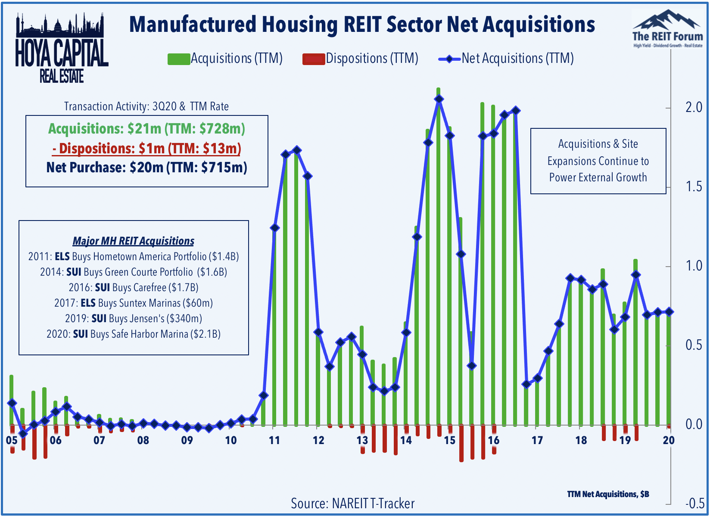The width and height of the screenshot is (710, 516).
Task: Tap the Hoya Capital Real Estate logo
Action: [62, 48]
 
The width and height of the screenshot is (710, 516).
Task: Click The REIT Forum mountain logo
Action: [667, 28]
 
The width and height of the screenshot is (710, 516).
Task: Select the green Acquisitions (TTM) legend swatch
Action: [178, 59]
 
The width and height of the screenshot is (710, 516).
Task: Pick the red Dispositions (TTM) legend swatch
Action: [314, 59]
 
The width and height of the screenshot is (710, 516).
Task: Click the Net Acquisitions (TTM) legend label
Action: [517, 58]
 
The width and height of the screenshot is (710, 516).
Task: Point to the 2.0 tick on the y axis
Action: [693, 107]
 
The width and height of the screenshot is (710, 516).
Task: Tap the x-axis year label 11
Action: [274, 440]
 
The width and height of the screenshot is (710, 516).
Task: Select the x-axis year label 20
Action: [668, 440]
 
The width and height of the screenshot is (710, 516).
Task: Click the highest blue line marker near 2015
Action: [439, 99]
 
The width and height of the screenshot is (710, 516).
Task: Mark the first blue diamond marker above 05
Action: [12, 403]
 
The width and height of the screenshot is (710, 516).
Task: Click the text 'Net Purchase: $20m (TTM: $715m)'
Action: [146, 167]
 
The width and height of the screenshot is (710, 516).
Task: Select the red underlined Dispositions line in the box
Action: [146, 149]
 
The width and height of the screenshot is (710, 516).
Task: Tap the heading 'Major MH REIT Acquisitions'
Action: [133, 241]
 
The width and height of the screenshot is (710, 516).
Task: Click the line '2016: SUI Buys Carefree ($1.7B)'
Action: [133, 287]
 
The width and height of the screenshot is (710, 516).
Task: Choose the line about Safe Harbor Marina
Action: [133, 334]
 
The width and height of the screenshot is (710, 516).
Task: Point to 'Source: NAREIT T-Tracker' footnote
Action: [352, 503]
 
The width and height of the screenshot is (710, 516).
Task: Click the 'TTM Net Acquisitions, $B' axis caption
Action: [608, 494]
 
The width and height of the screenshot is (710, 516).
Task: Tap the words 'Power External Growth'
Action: [598, 177]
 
